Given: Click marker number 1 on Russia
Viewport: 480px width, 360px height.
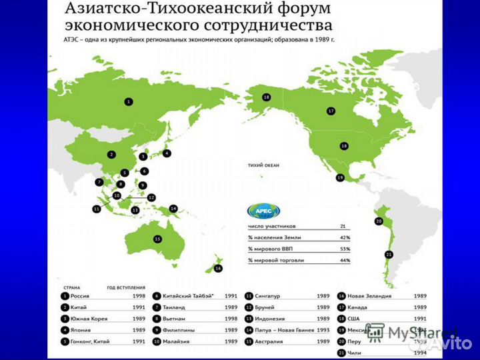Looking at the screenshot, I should pyautogui.click(x=129, y=101).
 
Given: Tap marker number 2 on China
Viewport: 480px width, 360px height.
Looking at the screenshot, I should pyautogui.click(x=111, y=155).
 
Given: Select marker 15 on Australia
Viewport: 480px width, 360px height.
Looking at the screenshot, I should pyautogui.click(x=157, y=239).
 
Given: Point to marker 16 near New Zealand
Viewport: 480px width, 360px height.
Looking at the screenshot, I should pyautogui.click(x=217, y=268).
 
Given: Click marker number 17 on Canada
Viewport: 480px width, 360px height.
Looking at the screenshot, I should pyautogui.click(x=330, y=111).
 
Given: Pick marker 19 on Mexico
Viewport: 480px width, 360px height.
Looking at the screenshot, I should pyautogui.click(x=339, y=178).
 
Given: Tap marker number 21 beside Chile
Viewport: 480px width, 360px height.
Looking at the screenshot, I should pyautogui.click(x=389, y=253).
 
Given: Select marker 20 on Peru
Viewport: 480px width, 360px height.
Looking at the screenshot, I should pyautogui.click(x=379, y=221).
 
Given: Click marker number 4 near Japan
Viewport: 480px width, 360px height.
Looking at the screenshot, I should pyautogui.click(x=167, y=153).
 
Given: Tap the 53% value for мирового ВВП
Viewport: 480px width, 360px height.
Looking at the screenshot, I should pyautogui.click(x=345, y=248).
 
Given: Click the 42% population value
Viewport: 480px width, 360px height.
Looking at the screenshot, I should pyautogui.click(x=345, y=237).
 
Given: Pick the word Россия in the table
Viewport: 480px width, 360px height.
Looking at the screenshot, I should pyautogui.click(x=80, y=295).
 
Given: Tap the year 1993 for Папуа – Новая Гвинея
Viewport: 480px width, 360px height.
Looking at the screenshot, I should pyautogui.click(x=323, y=330).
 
